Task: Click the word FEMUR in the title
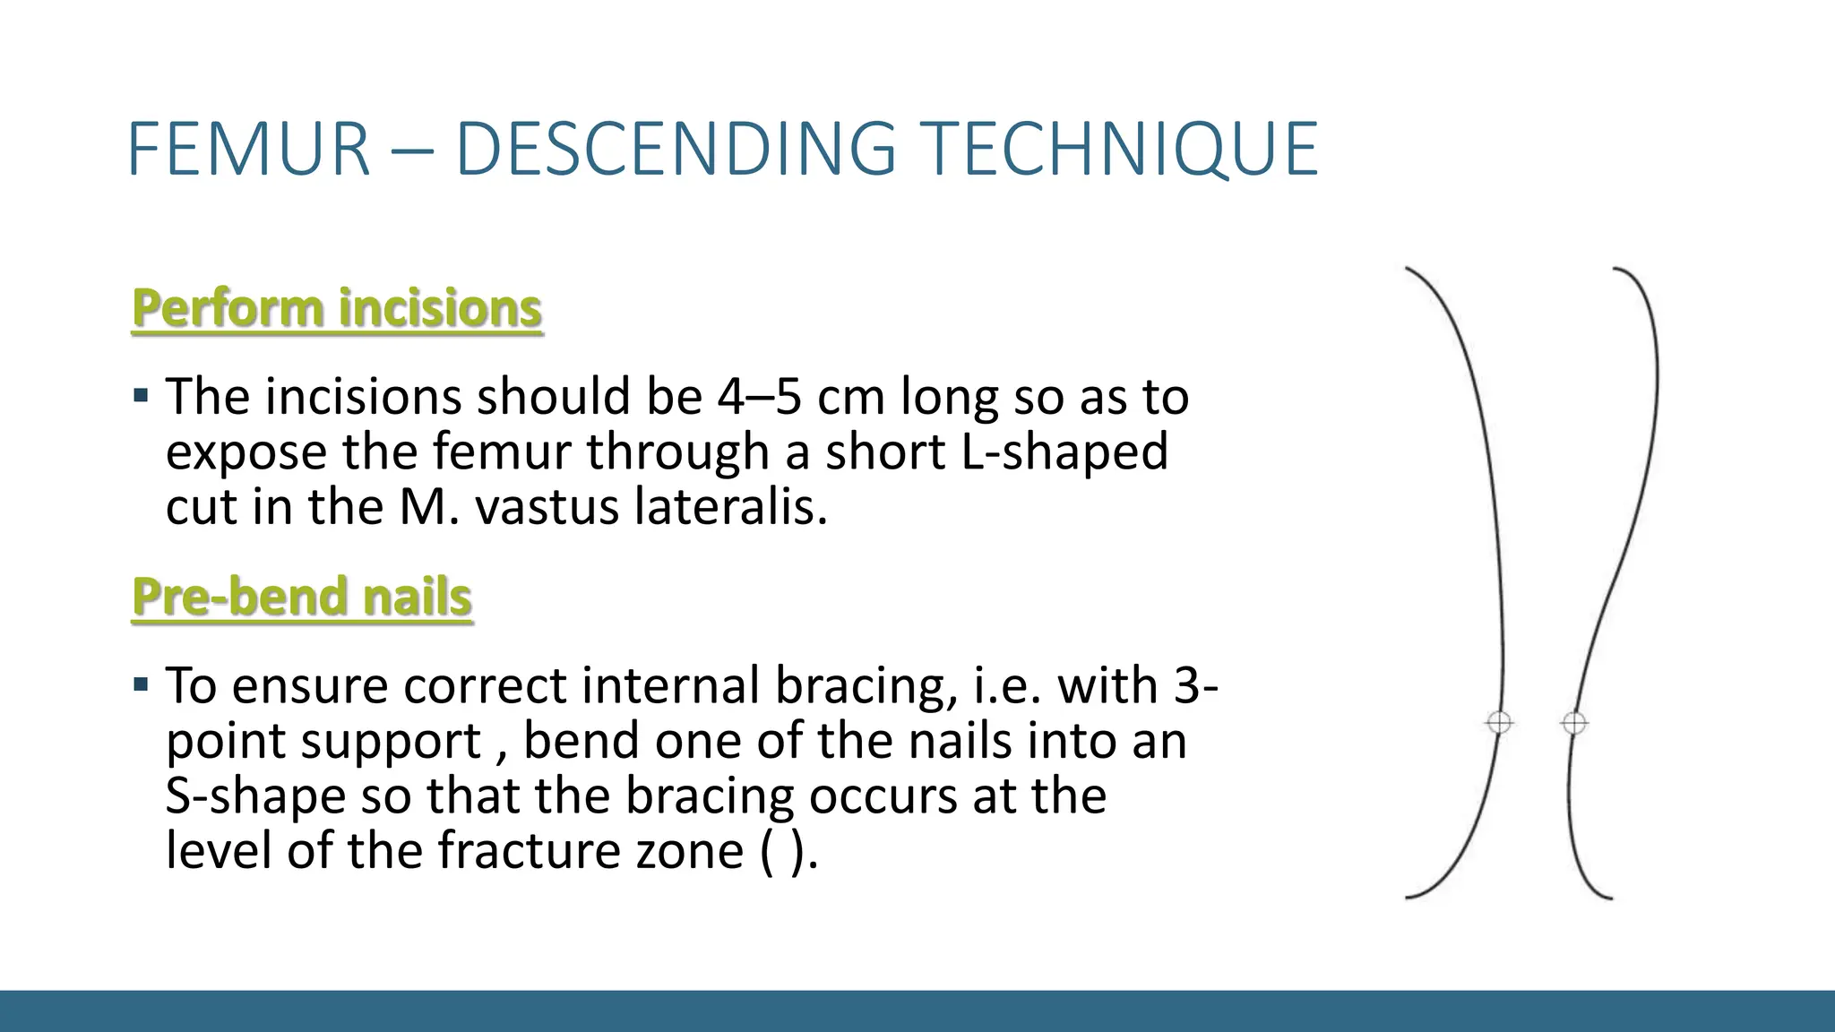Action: [x=249, y=150]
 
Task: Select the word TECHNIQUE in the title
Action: [x=1119, y=150]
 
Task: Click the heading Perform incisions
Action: [x=337, y=308]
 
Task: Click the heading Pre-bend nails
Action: [x=302, y=597]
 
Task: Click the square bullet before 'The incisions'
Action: [x=141, y=395]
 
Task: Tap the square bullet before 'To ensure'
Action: [x=141, y=685]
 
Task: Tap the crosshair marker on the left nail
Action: [x=1499, y=722]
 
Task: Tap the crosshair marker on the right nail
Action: [x=1573, y=722]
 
